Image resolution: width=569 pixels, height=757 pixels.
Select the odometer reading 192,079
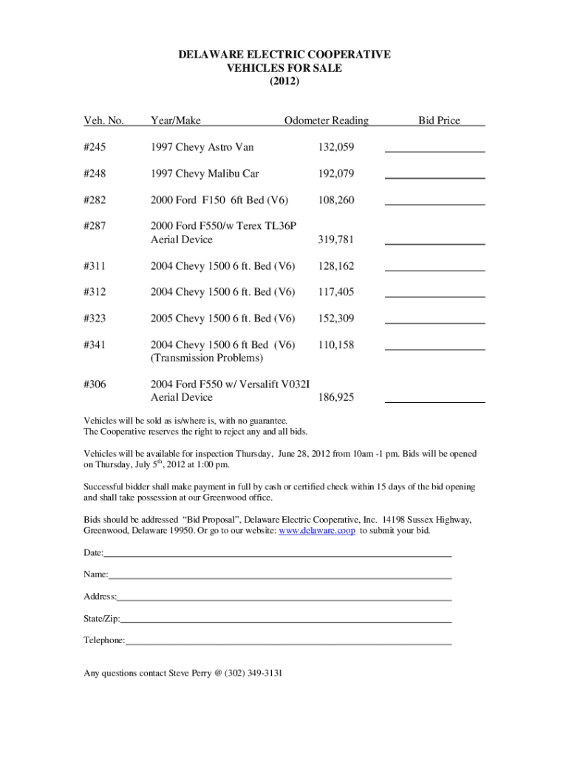click(336, 174)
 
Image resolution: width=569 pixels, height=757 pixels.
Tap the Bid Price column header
click(439, 120)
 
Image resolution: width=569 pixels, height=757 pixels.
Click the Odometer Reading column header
click(327, 120)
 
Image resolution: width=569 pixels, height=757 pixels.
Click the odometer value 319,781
click(336, 240)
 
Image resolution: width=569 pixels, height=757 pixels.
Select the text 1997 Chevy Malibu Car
click(205, 174)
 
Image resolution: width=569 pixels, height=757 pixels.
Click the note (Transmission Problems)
click(207, 358)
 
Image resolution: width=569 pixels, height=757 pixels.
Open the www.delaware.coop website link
click(316, 531)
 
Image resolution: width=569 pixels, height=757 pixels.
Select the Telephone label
click(104, 640)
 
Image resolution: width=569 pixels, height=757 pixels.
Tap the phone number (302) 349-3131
click(253, 673)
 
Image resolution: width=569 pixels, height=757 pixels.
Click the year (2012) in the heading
click(284, 81)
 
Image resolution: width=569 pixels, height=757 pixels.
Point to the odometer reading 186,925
click(336, 398)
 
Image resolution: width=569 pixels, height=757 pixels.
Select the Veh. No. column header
click(103, 120)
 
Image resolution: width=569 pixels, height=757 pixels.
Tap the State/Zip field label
click(102, 618)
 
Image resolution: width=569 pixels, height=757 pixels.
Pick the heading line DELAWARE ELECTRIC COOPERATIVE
click(284, 55)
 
